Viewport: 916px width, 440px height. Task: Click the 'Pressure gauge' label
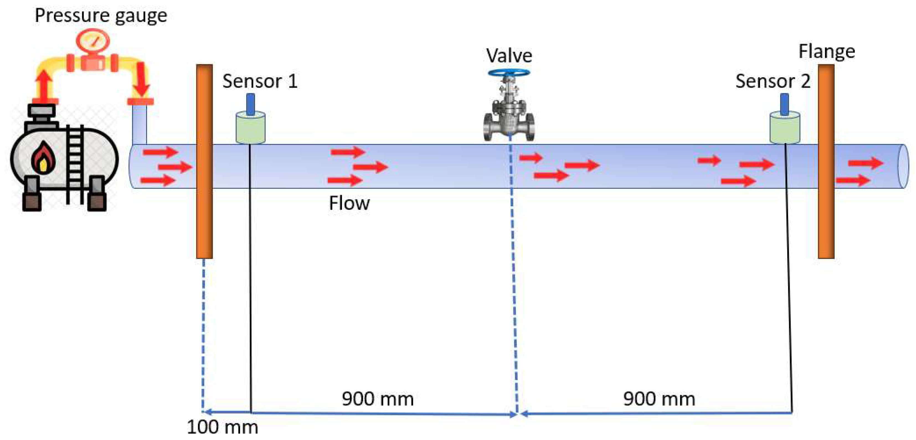coord(101,16)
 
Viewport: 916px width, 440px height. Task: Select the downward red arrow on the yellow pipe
coord(141,80)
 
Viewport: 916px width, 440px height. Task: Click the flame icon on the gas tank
coord(43,158)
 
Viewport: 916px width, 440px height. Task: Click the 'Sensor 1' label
coord(260,81)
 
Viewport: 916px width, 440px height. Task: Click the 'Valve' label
coord(509,56)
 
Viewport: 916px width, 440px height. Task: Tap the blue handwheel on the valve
coord(509,73)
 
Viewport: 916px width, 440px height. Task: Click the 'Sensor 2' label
coord(773,81)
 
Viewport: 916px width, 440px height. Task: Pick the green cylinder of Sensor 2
coord(785,129)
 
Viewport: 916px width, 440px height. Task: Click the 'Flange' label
coord(827,51)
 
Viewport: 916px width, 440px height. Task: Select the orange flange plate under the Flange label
coord(826,213)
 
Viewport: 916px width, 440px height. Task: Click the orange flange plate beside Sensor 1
coord(204,213)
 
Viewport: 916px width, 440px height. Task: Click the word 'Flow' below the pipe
coord(349,203)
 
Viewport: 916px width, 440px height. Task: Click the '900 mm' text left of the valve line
coord(378,399)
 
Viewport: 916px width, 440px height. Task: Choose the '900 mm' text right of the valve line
coord(659,399)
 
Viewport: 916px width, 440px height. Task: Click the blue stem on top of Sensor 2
coord(784,104)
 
